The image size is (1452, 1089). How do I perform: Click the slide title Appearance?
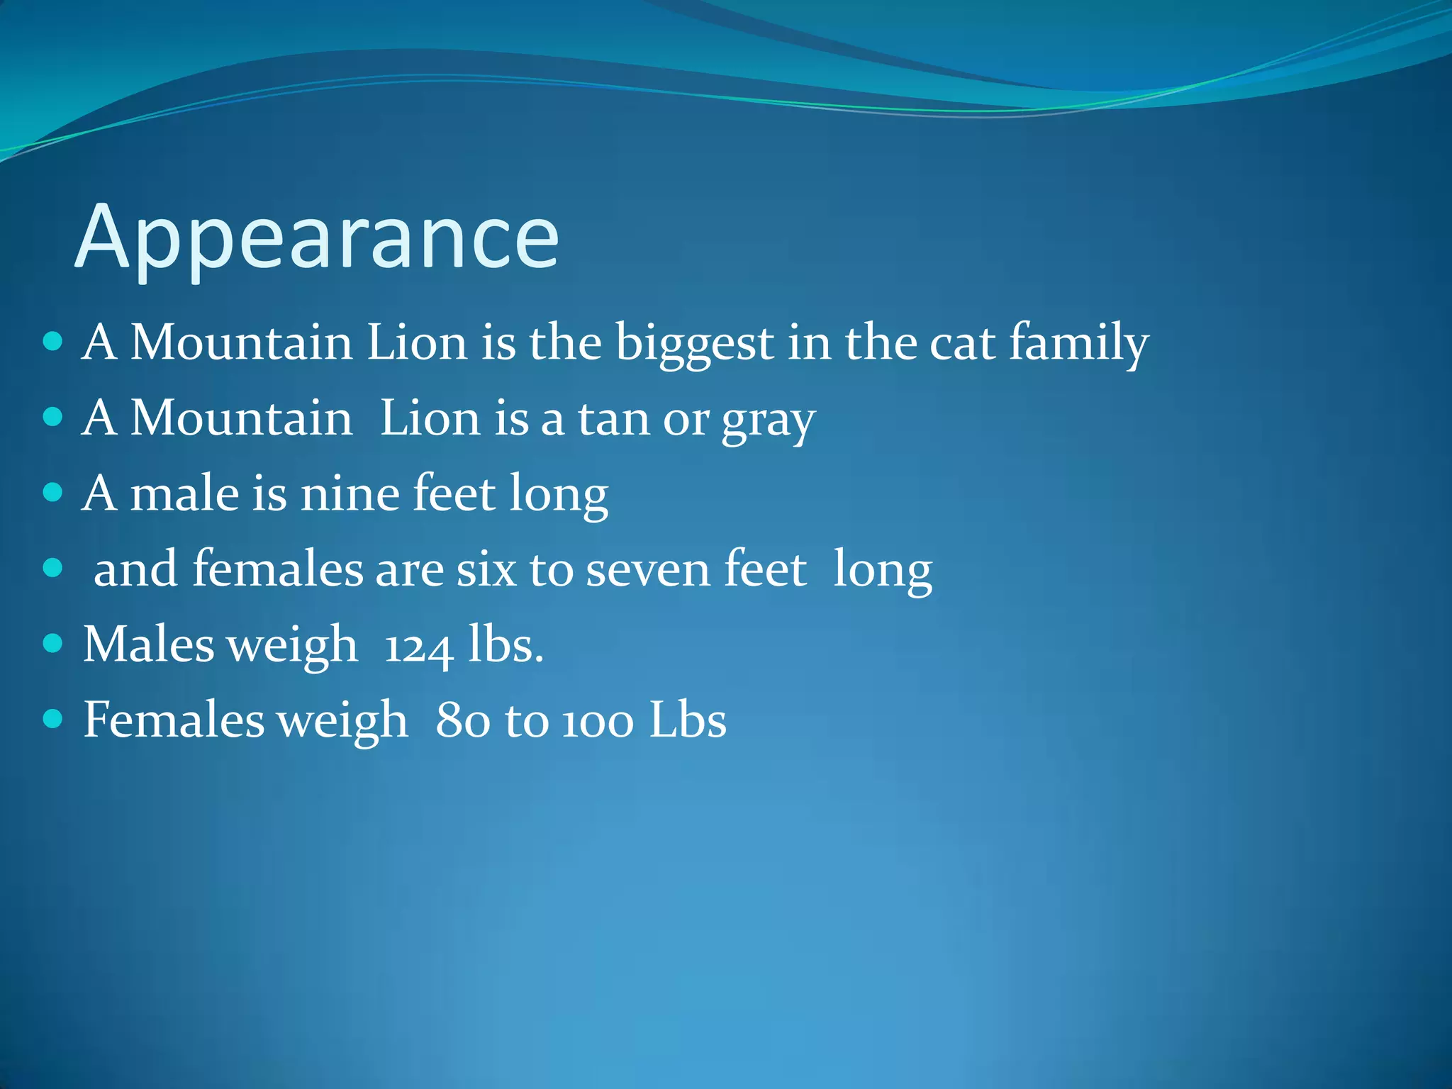(x=317, y=238)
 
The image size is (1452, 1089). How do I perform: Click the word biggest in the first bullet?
(x=694, y=344)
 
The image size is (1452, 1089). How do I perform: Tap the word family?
(x=1078, y=344)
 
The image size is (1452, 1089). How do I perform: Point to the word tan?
(x=614, y=419)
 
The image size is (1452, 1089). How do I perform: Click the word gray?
(x=769, y=420)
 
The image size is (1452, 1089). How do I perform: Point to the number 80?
(x=462, y=722)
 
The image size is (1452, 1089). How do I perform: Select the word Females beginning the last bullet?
(x=174, y=721)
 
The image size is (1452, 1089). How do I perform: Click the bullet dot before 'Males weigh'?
(x=53, y=644)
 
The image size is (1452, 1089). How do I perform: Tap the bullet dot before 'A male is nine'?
(x=53, y=492)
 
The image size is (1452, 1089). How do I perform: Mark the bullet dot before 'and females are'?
(x=53, y=568)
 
